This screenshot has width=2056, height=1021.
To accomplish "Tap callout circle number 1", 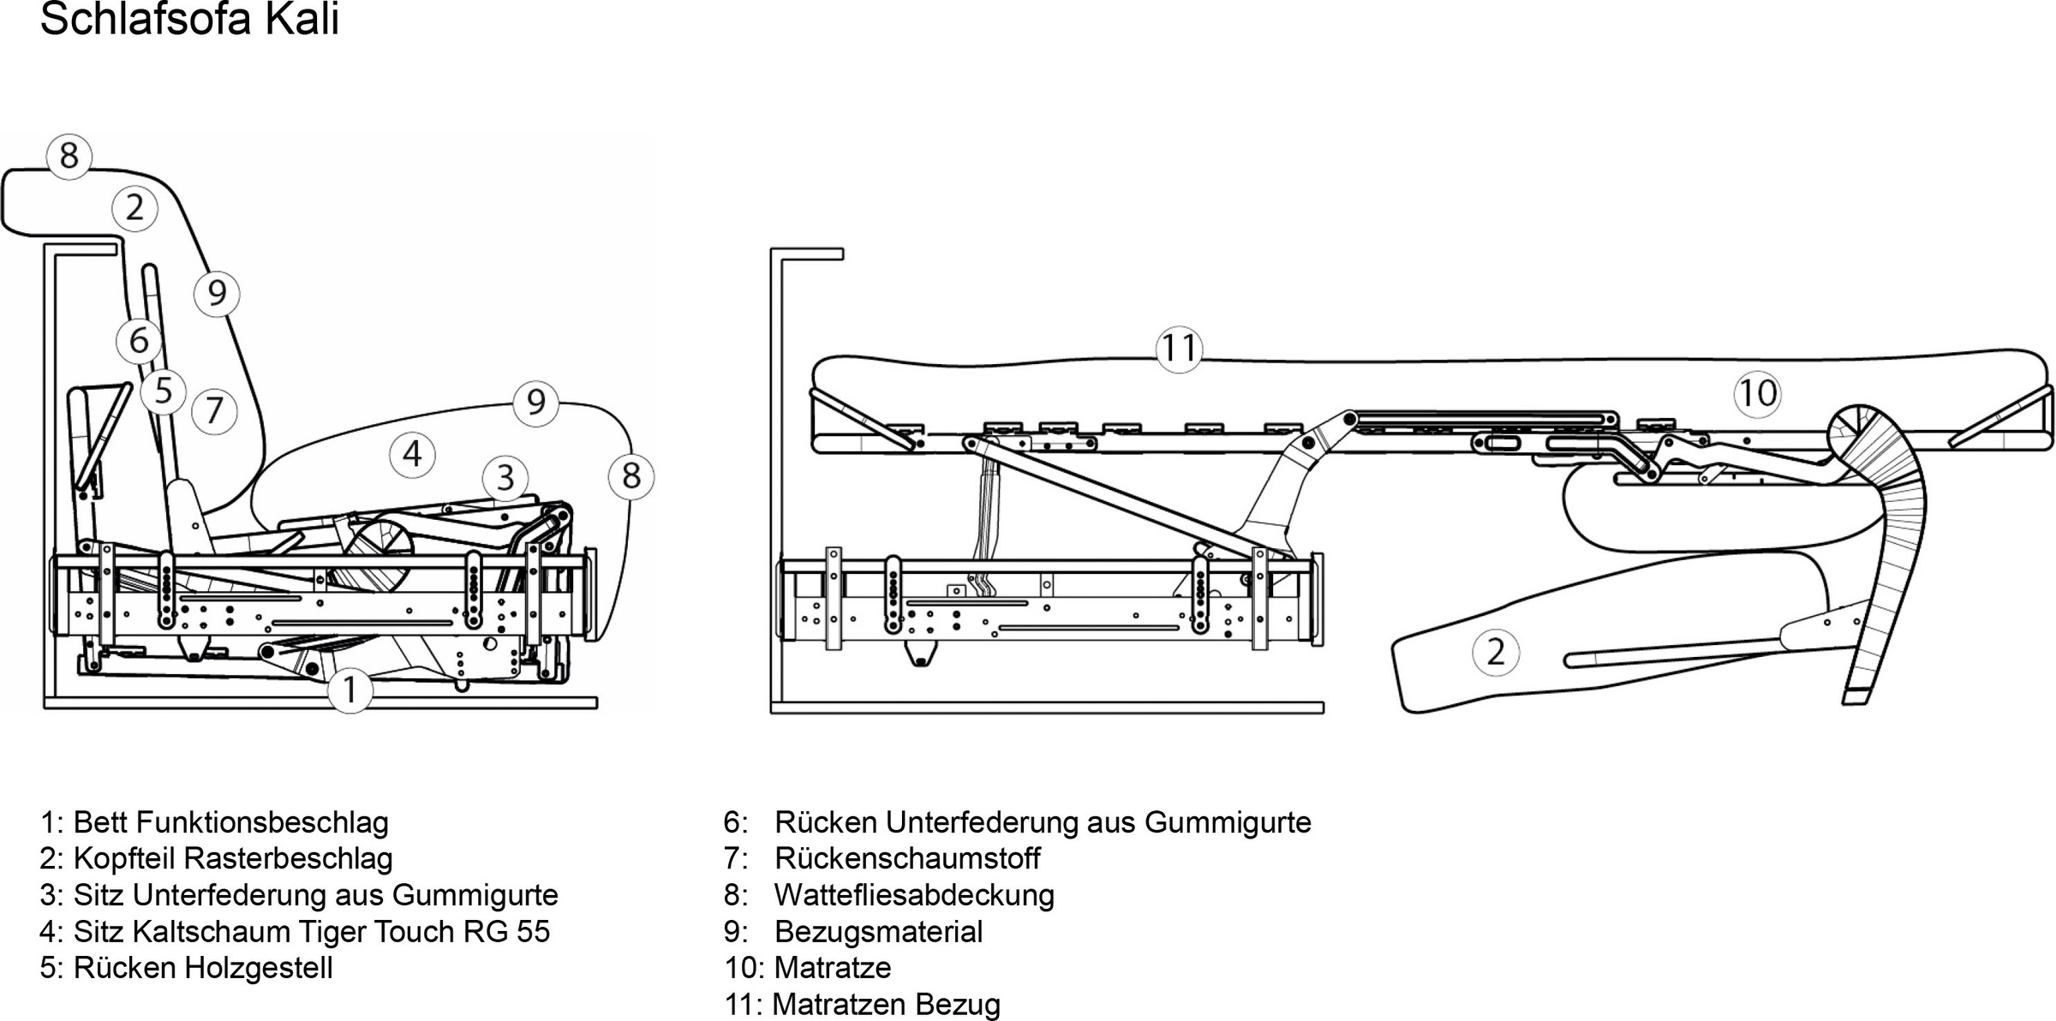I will pos(350,690).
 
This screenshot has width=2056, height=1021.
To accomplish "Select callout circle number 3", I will pos(505,478).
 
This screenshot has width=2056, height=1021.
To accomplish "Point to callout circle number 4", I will pos(412,454).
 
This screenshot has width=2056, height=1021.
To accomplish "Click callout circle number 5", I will pos(164,391).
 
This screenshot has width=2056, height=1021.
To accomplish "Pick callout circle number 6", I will pos(139,341).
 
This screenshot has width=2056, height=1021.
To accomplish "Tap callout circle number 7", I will pos(214,411).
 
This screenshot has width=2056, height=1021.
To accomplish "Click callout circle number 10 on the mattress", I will pos(1757,394).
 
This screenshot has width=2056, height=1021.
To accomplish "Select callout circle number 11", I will pos(1179,349).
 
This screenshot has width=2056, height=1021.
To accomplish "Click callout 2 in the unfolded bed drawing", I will pos(1496,652).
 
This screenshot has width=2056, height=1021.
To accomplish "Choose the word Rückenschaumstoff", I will pos(907,858).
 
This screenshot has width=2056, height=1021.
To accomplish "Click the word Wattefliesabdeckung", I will pos(914,895).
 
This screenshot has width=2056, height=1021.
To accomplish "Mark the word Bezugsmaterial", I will pos(878,931).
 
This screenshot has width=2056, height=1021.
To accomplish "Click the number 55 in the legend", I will pos(532,931).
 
